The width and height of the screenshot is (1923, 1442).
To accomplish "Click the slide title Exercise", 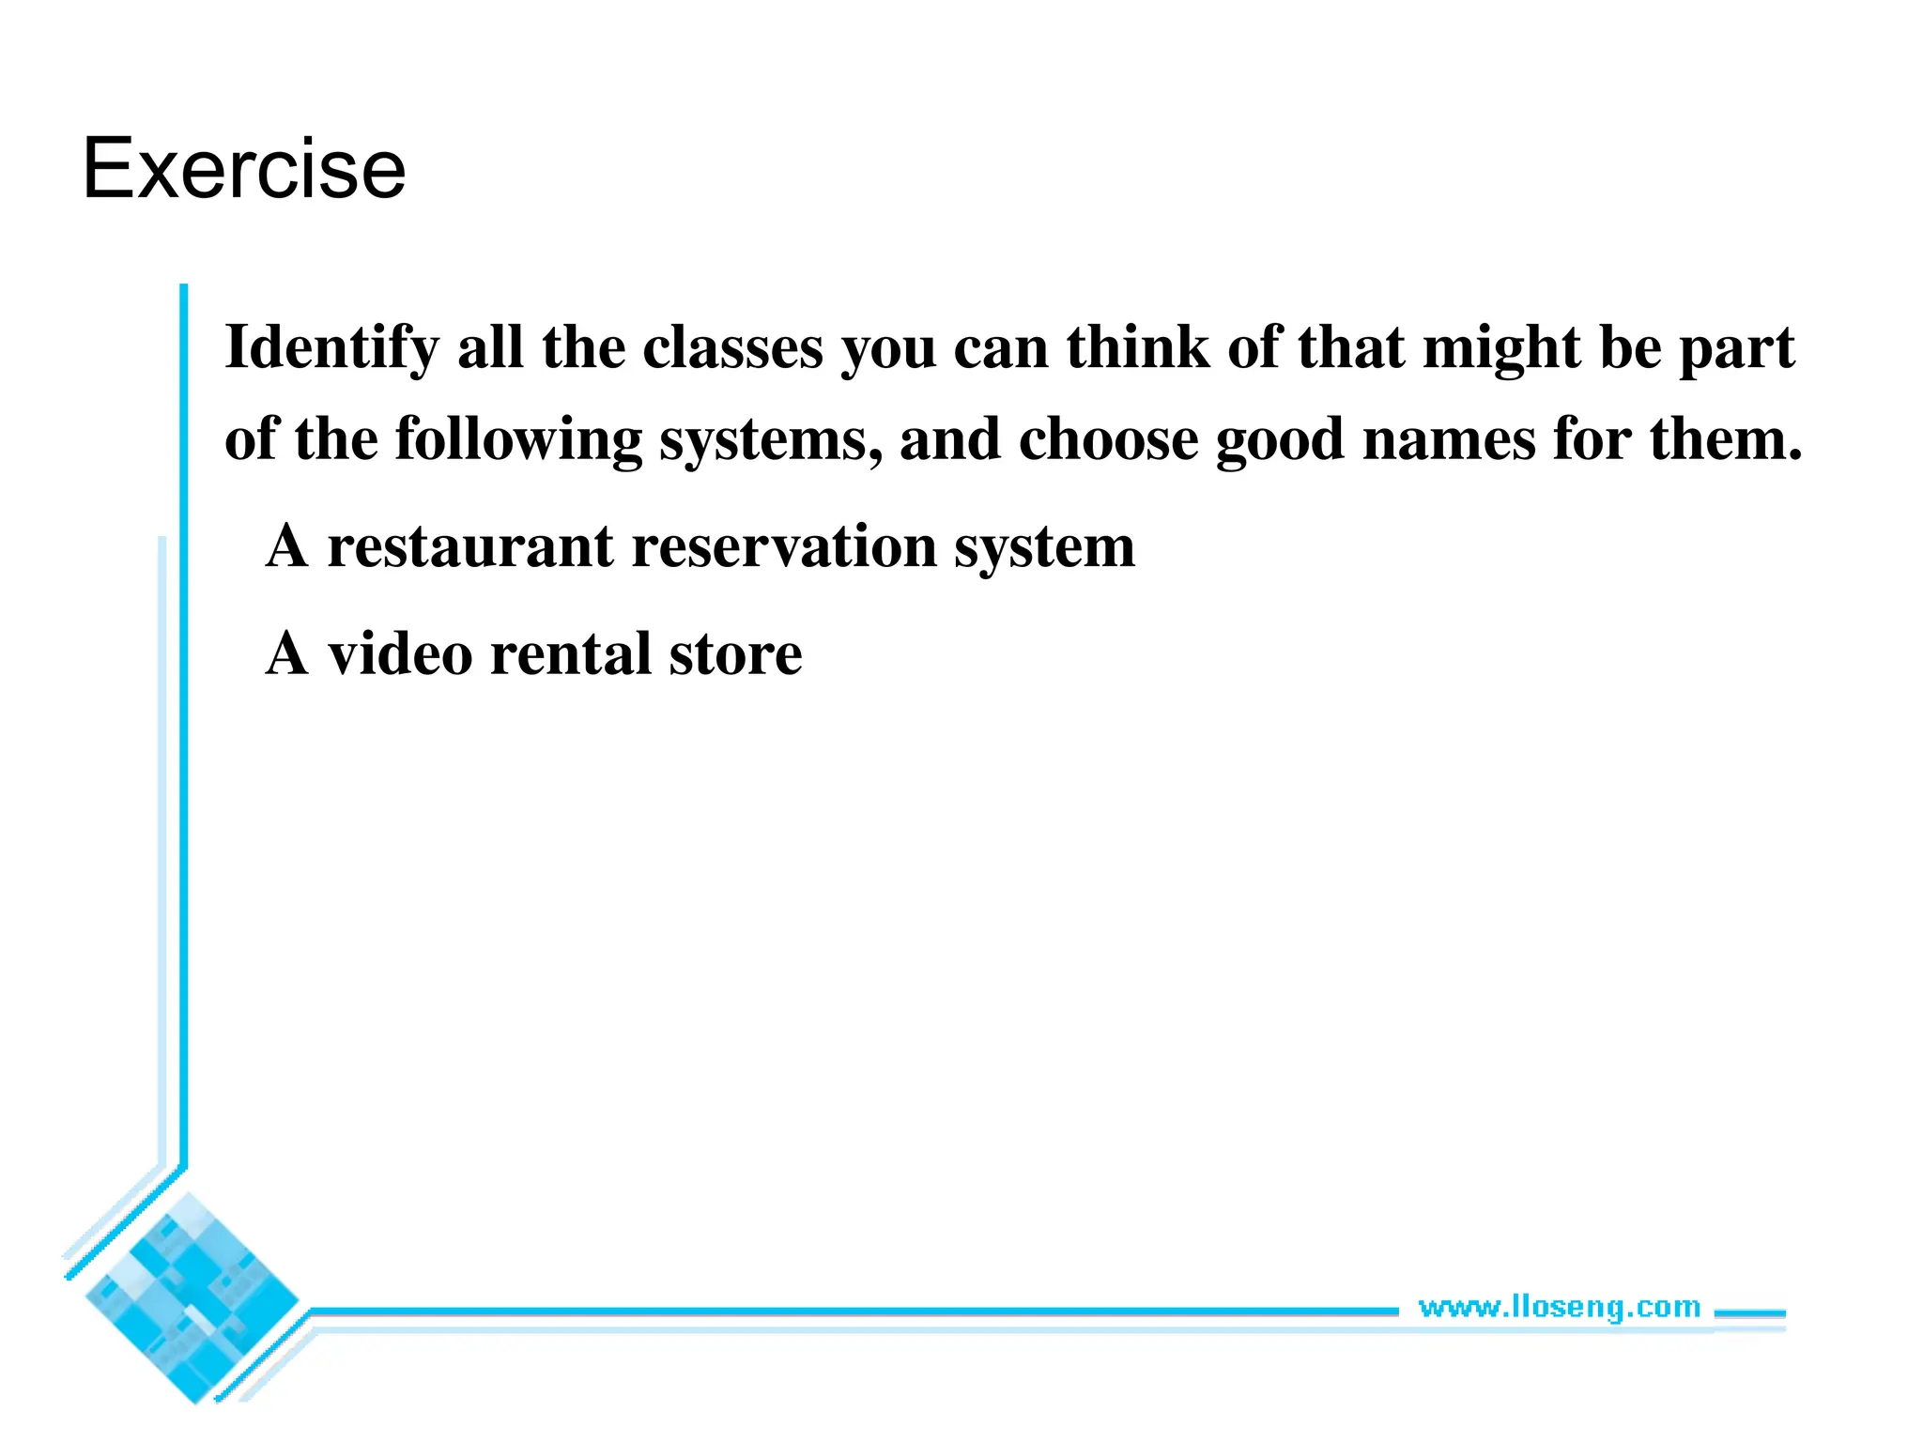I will click(244, 169).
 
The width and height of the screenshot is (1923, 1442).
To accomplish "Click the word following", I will click(518, 439).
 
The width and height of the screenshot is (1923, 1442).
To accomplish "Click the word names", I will click(1448, 439).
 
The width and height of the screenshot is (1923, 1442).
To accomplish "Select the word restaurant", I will click(469, 546).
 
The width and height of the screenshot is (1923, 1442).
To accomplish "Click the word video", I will click(399, 654).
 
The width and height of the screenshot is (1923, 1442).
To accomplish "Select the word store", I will click(735, 654).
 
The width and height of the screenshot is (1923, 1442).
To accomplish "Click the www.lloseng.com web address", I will click(1559, 1307).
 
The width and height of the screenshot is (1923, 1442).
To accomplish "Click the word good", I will click(1280, 439).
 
